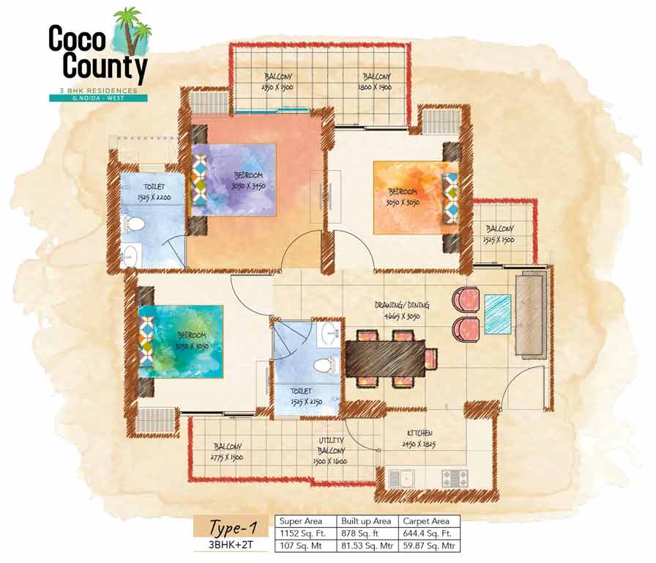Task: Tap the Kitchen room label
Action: click(420, 433)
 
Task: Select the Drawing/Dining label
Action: click(402, 305)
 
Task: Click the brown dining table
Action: click(385, 358)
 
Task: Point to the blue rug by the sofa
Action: click(497, 314)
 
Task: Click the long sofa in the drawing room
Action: click(531, 315)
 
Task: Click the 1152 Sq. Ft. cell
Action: click(300, 534)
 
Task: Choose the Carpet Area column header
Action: click(426, 521)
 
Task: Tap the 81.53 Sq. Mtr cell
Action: click(367, 546)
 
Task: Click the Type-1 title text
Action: click(233, 527)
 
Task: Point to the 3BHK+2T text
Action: click(231, 545)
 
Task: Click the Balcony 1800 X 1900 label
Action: click(375, 81)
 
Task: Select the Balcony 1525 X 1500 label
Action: click(499, 234)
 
